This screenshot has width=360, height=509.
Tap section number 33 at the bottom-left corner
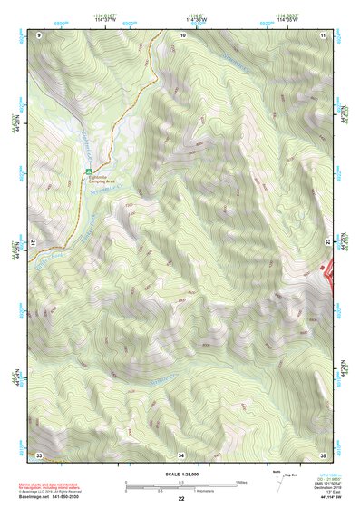39,455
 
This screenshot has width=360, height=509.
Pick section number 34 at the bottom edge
181,455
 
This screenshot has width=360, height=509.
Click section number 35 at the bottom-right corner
324,455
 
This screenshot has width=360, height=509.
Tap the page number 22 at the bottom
181,499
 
